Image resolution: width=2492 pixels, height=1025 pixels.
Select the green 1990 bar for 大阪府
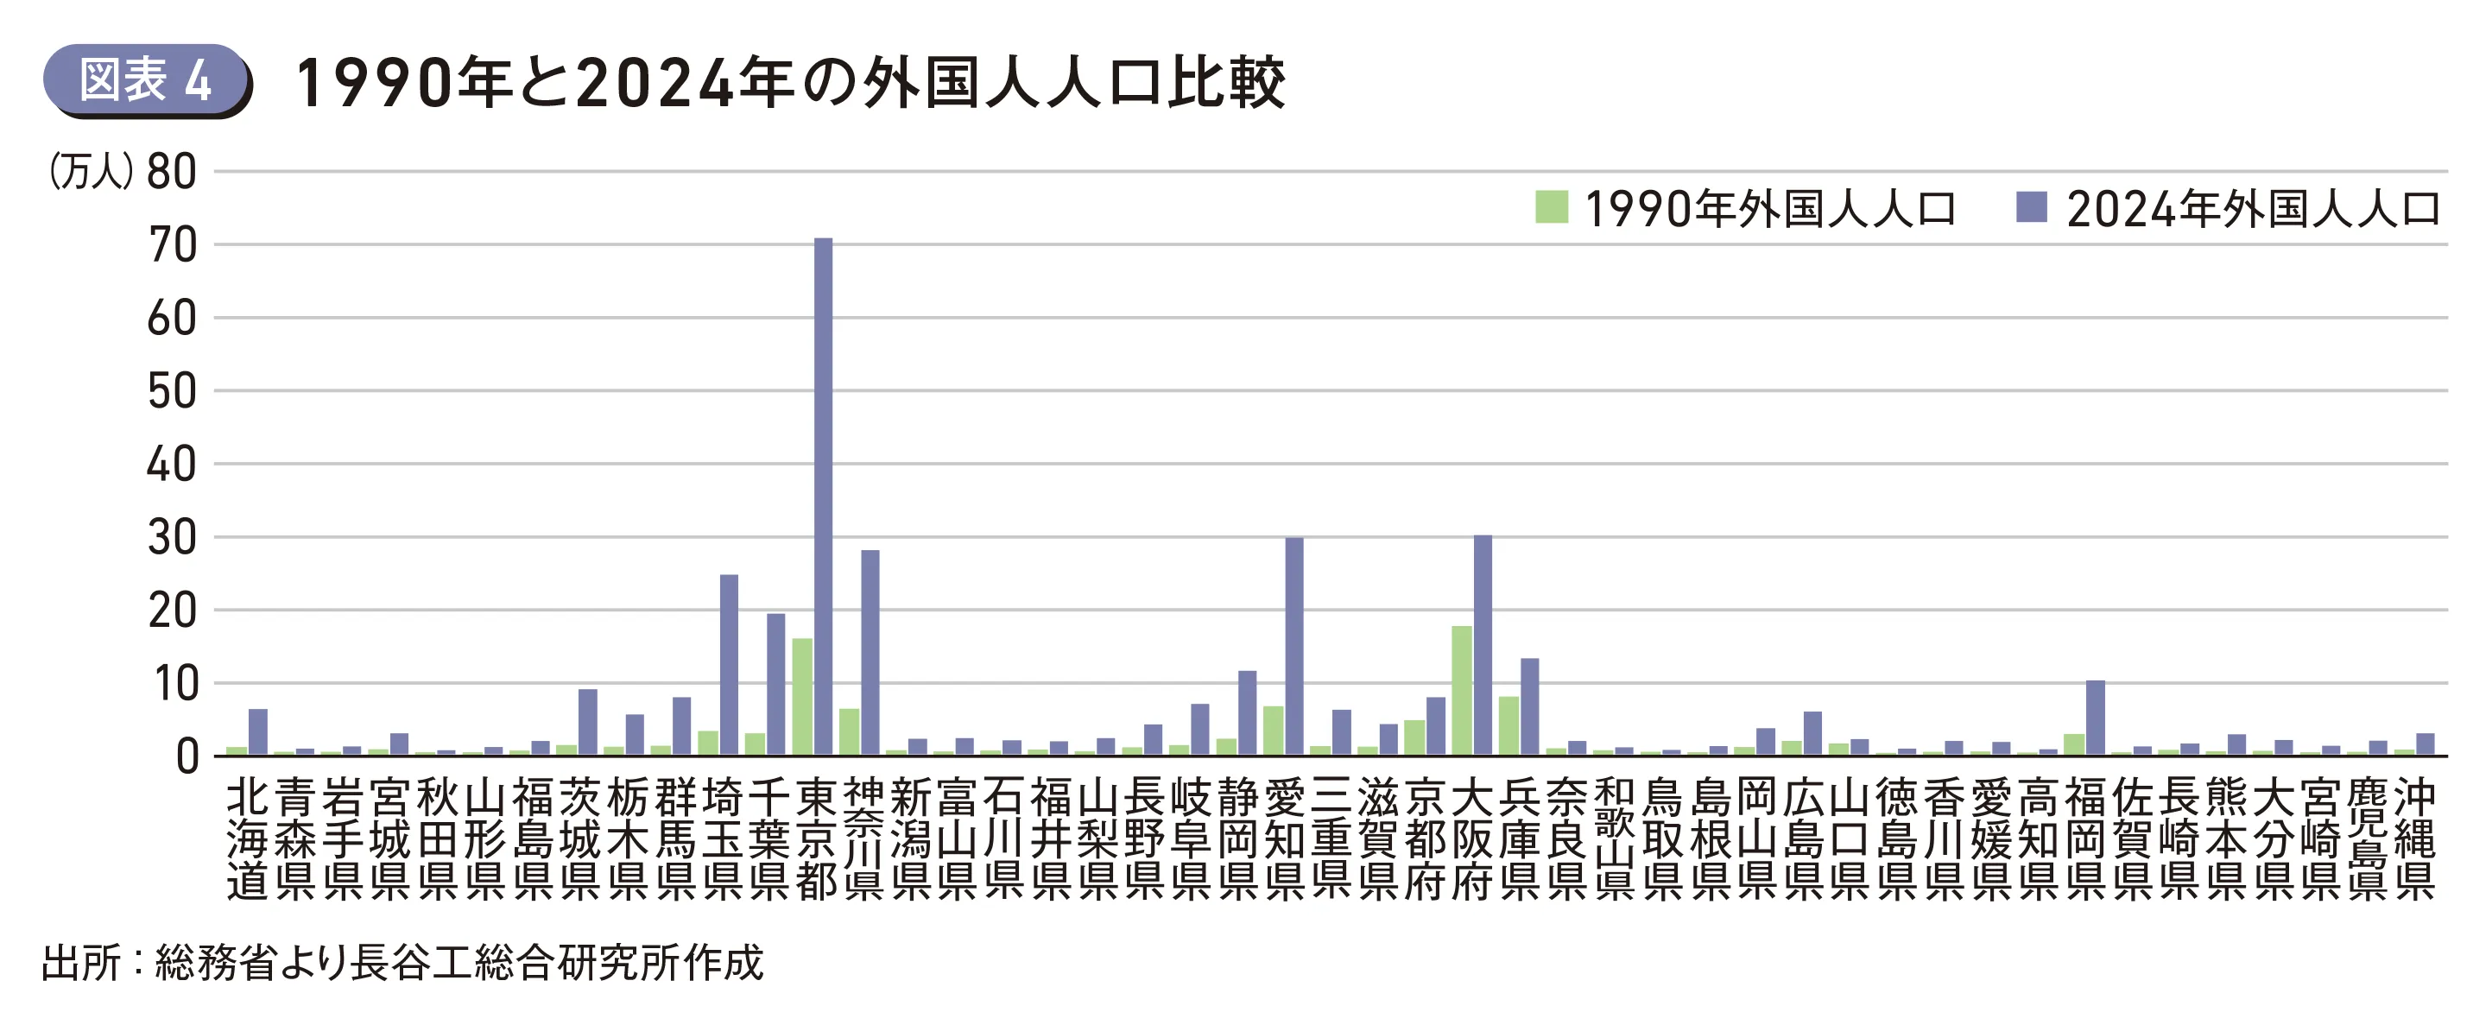[1461, 691]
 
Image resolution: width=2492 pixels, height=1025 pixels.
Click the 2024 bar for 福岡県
[2096, 718]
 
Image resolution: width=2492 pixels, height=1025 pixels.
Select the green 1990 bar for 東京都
[802, 697]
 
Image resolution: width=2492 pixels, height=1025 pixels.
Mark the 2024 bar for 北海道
[258, 731]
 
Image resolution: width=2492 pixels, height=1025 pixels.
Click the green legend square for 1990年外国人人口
[1551, 207]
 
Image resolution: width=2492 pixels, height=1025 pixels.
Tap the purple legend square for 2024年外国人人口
[2032, 207]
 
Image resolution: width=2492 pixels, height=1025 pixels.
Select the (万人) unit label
[91, 173]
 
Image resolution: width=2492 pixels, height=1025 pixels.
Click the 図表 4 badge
[145, 79]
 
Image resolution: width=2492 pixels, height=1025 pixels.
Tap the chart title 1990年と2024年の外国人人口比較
[789, 83]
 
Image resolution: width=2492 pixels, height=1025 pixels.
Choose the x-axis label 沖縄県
[2414, 838]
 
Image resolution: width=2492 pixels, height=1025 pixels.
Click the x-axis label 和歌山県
[1614, 838]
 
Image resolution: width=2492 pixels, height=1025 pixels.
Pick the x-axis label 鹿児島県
[2367, 838]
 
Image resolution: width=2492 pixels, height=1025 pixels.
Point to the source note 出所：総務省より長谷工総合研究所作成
[402, 963]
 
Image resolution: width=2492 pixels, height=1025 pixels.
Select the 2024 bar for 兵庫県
[1529, 706]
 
